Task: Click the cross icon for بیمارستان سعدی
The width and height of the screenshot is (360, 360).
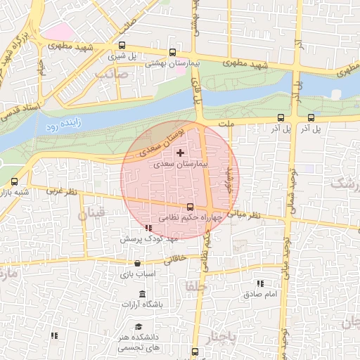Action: click(181, 152)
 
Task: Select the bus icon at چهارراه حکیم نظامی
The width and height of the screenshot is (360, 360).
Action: click(190, 207)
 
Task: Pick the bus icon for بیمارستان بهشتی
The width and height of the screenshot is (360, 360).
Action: click(173, 52)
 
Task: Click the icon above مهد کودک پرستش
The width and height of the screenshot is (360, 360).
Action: click(148, 228)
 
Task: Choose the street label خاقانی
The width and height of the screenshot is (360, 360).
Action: click(176, 259)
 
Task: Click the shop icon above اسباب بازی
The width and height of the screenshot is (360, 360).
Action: click(137, 263)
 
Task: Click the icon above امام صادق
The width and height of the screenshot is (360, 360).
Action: click(260, 283)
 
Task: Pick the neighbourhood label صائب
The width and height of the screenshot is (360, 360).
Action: click(113, 72)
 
